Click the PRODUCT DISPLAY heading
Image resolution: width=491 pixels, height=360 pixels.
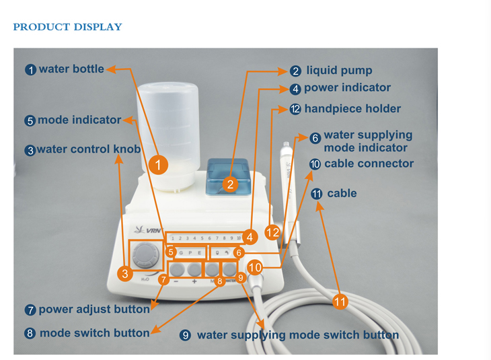pyautogui.click(x=67, y=28)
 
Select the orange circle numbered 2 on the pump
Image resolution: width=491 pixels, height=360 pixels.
pyautogui.click(x=230, y=183)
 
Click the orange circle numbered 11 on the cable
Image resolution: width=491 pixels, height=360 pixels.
pyautogui.click(x=340, y=302)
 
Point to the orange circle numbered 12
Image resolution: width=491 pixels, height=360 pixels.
pyautogui.click(x=272, y=232)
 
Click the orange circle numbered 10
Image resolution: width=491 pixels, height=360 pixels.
pyautogui.click(x=254, y=267)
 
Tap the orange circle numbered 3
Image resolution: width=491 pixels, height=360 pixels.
pyautogui.click(x=124, y=273)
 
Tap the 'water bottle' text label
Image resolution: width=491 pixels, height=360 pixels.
pyautogui.click(x=71, y=69)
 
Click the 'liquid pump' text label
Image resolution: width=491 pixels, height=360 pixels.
pyautogui.click(x=339, y=70)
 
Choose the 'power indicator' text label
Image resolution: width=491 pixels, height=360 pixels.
pyautogui.click(x=347, y=87)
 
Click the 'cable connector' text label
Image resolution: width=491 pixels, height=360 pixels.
pyautogui.click(x=369, y=164)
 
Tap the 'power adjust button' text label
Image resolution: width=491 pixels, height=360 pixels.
pyautogui.click(x=93, y=310)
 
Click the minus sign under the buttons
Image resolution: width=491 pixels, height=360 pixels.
pyautogui.click(x=176, y=283)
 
